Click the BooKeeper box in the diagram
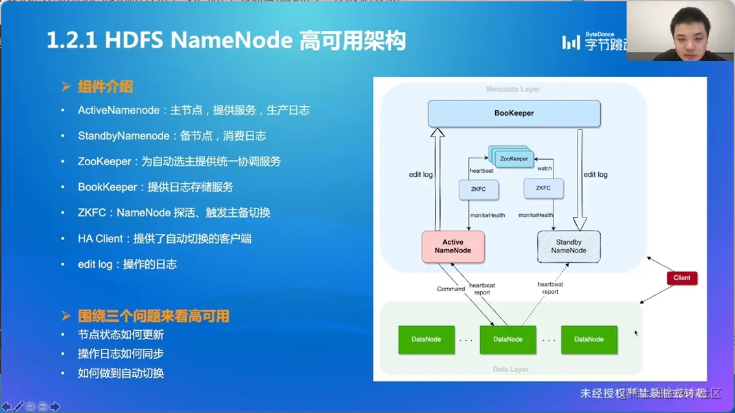pyautogui.click(x=514, y=113)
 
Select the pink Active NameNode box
pyautogui.click(x=453, y=247)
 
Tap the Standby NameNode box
pyautogui.click(x=568, y=247)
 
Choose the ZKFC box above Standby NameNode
pyautogui.click(x=543, y=188)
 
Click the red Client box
pyautogui.click(x=682, y=278)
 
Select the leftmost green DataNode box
pyautogui.click(x=426, y=339)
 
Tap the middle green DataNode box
pyautogui.click(x=507, y=339)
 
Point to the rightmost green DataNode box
pyautogui.click(x=589, y=339)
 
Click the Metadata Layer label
pyautogui.click(x=513, y=89)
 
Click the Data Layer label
pyautogui.click(x=511, y=369)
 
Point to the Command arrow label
pyautogui.click(x=450, y=289)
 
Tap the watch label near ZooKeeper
pyautogui.click(x=544, y=169)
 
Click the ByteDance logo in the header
pyautogui.click(x=593, y=41)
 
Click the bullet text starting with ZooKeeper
pyautogui.click(x=179, y=161)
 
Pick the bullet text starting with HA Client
pyautogui.click(x=165, y=238)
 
